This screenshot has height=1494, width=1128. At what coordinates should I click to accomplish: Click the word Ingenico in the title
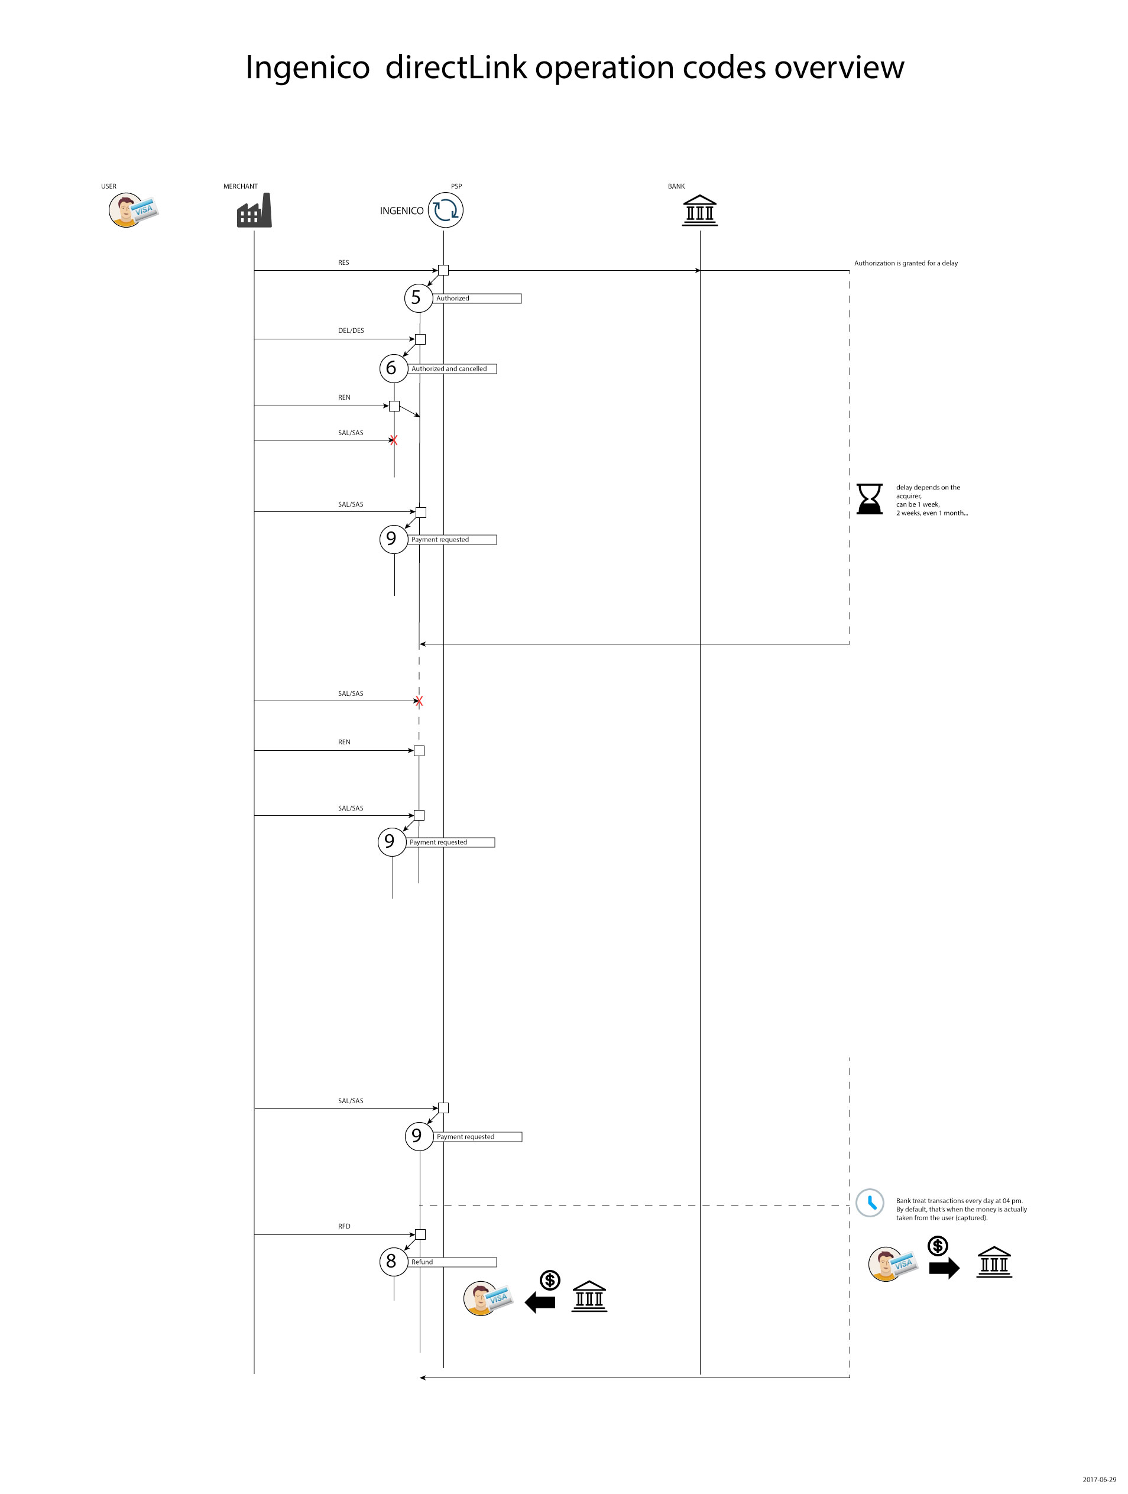point(307,67)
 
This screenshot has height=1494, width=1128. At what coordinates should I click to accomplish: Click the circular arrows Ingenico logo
point(445,210)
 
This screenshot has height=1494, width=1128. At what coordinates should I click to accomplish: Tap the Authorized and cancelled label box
point(452,369)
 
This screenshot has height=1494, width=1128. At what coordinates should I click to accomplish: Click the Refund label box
point(452,1262)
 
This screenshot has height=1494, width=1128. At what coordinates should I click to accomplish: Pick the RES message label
point(343,262)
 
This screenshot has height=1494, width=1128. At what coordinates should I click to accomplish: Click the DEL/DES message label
point(351,331)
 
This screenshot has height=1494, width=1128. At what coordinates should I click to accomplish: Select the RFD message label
point(344,1226)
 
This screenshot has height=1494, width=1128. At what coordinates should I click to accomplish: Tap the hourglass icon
point(869,499)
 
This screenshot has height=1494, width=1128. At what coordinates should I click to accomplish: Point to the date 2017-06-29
point(1099,1479)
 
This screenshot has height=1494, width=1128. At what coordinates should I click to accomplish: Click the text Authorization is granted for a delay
point(905,264)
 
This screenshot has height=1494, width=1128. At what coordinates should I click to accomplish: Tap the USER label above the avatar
point(109,186)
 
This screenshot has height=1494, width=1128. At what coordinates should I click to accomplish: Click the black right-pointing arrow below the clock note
point(944,1268)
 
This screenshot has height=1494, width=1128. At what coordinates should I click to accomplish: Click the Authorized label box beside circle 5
point(477,299)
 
